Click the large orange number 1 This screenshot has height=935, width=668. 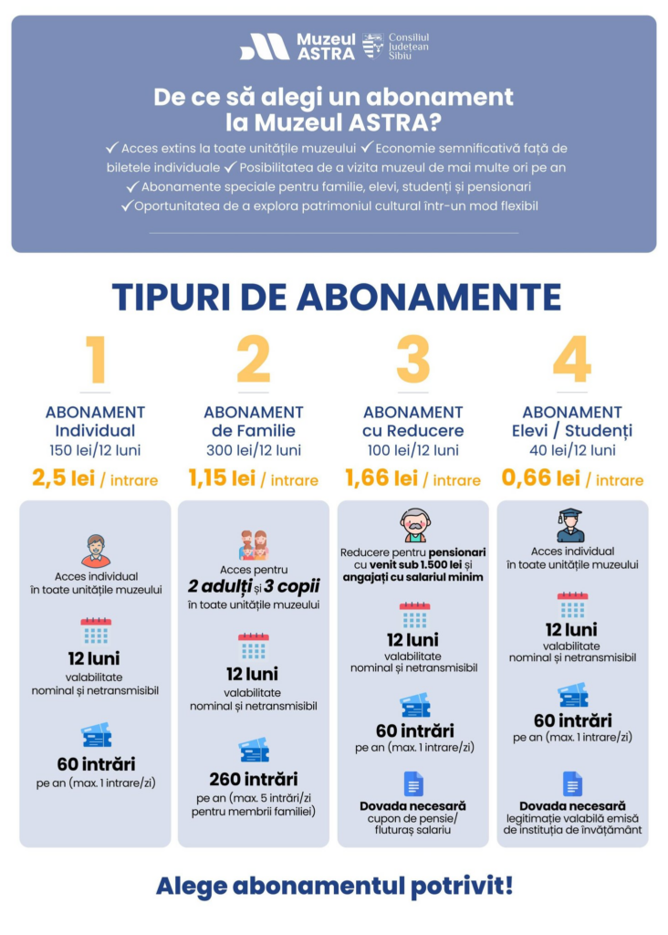pyautogui.click(x=95, y=361)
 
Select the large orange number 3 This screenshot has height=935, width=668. pyautogui.click(x=412, y=361)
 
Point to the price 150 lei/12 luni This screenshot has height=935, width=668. pyautogui.click(x=95, y=450)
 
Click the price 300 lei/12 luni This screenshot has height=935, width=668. pyautogui.click(x=254, y=450)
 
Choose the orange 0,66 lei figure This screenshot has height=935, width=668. pyautogui.click(x=541, y=478)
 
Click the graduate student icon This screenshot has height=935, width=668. pyautogui.click(x=572, y=525)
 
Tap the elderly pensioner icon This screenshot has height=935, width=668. pyautogui.click(x=413, y=525)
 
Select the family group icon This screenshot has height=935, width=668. pyautogui.click(x=254, y=545)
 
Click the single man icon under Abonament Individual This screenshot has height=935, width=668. pyautogui.click(x=95, y=551)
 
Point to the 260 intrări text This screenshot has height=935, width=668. pyautogui.click(x=254, y=779)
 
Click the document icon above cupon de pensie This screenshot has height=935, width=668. pyautogui.click(x=413, y=783)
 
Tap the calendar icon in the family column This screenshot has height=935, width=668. pyautogui.click(x=254, y=646)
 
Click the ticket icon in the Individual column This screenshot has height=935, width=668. pyautogui.click(x=95, y=735)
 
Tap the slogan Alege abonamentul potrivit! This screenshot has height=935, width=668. pyautogui.click(x=334, y=885)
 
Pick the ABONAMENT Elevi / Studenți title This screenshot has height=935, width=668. pyautogui.click(x=572, y=421)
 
